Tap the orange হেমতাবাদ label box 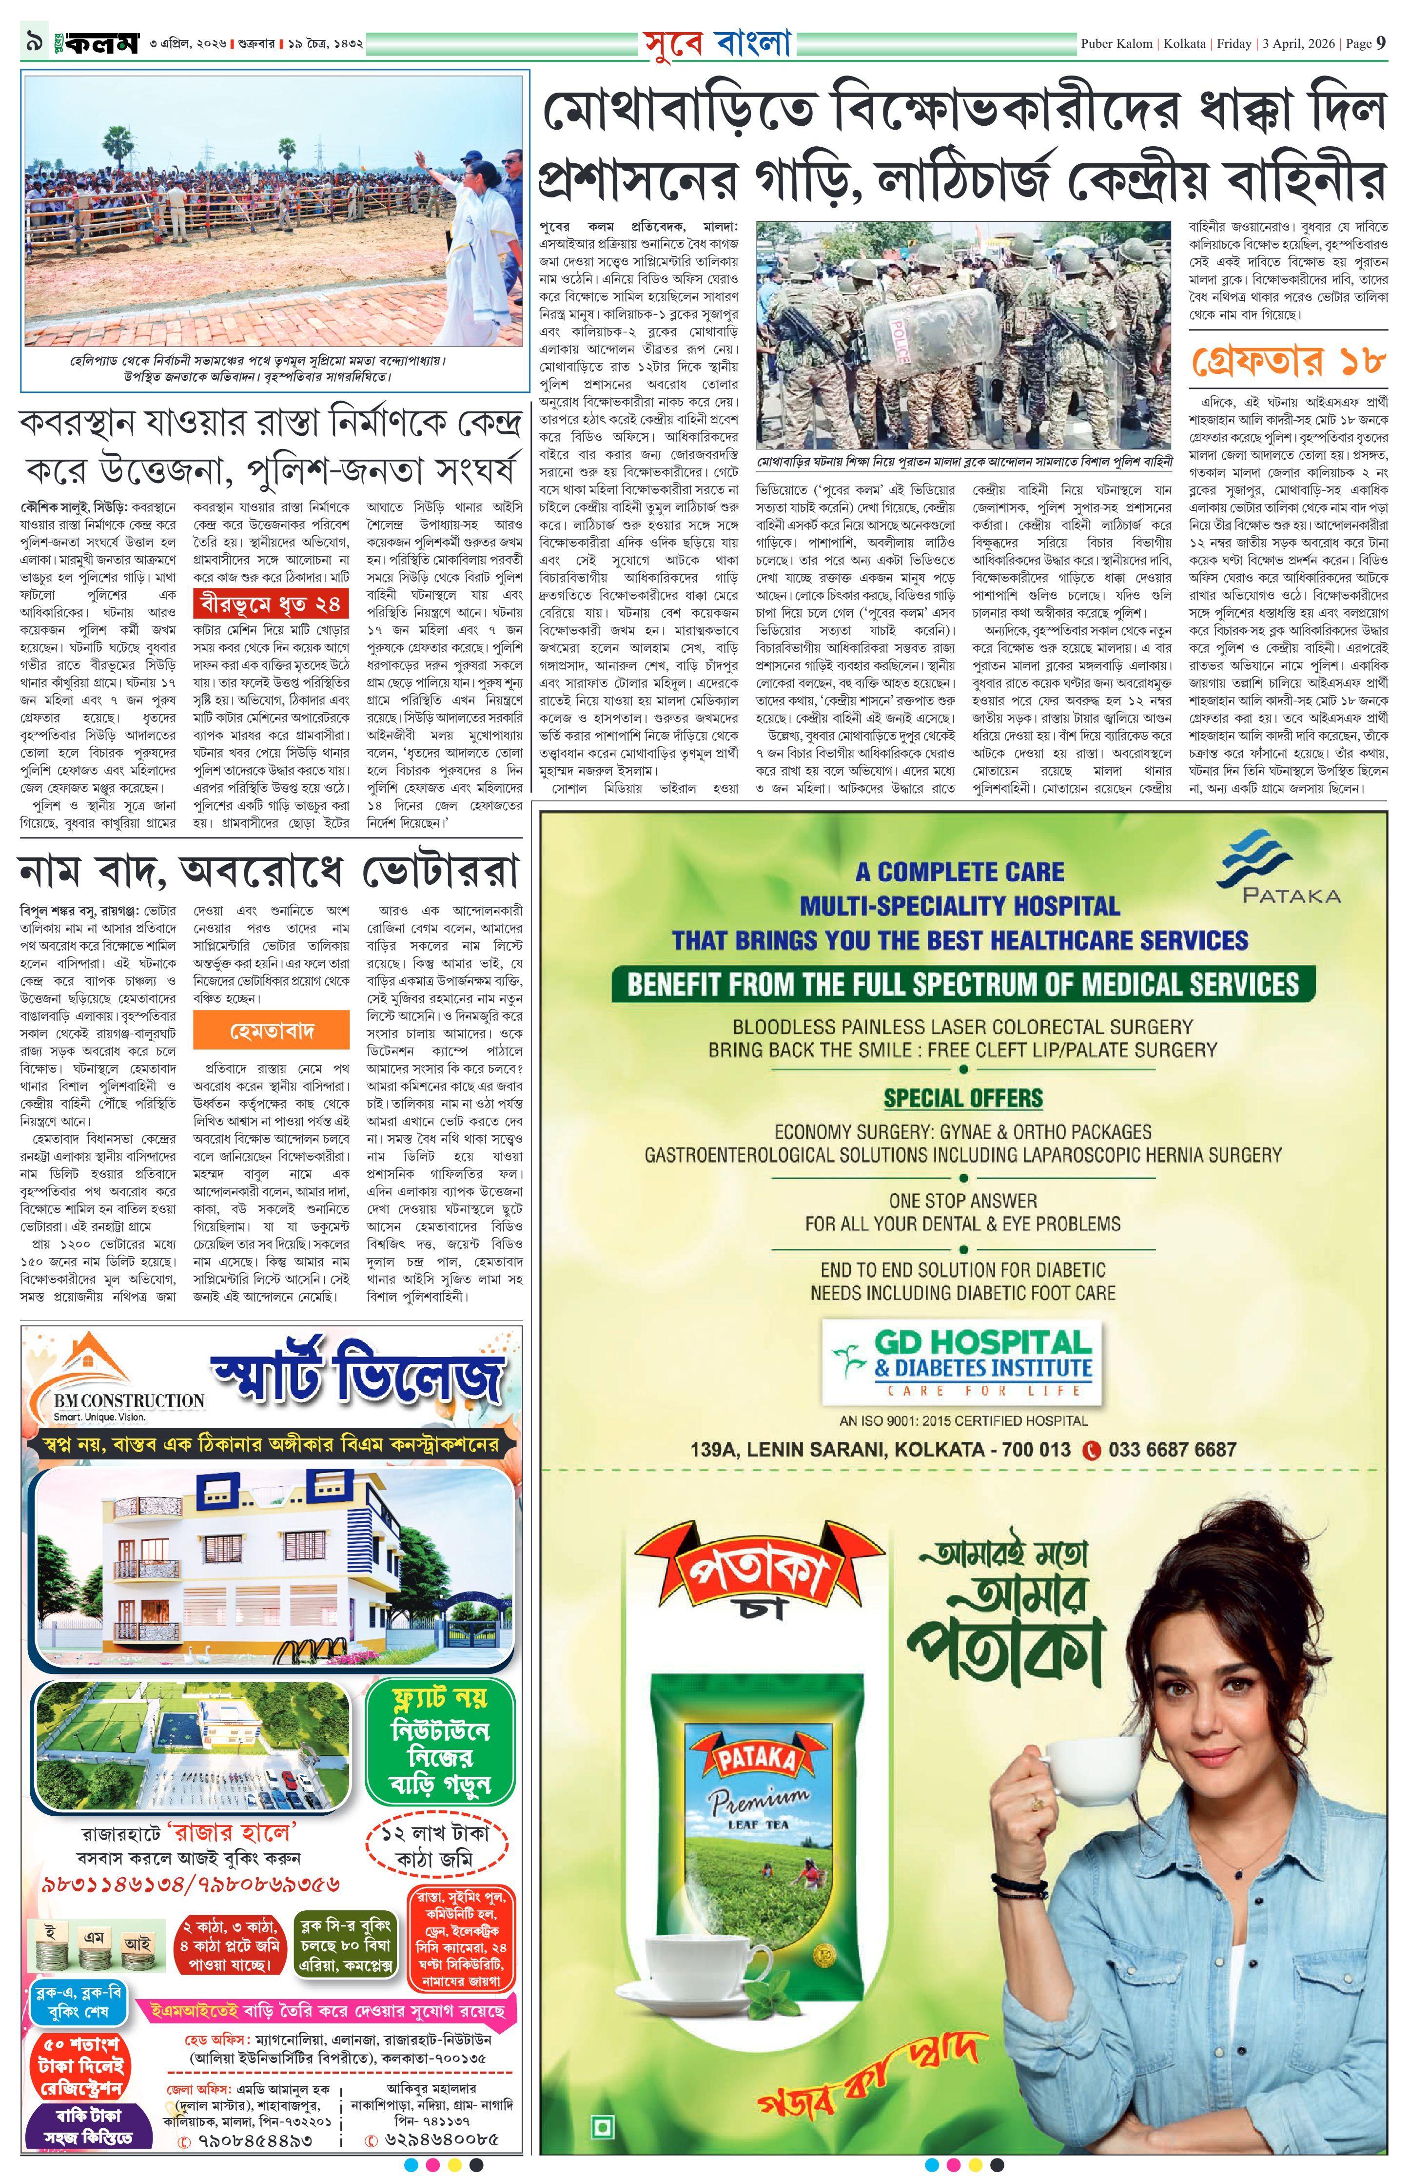click(272, 1032)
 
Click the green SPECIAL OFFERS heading click(962, 1098)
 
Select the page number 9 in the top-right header click(1381, 43)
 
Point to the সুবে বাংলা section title click(716, 43)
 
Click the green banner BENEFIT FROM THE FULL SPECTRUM click(962, 984)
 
